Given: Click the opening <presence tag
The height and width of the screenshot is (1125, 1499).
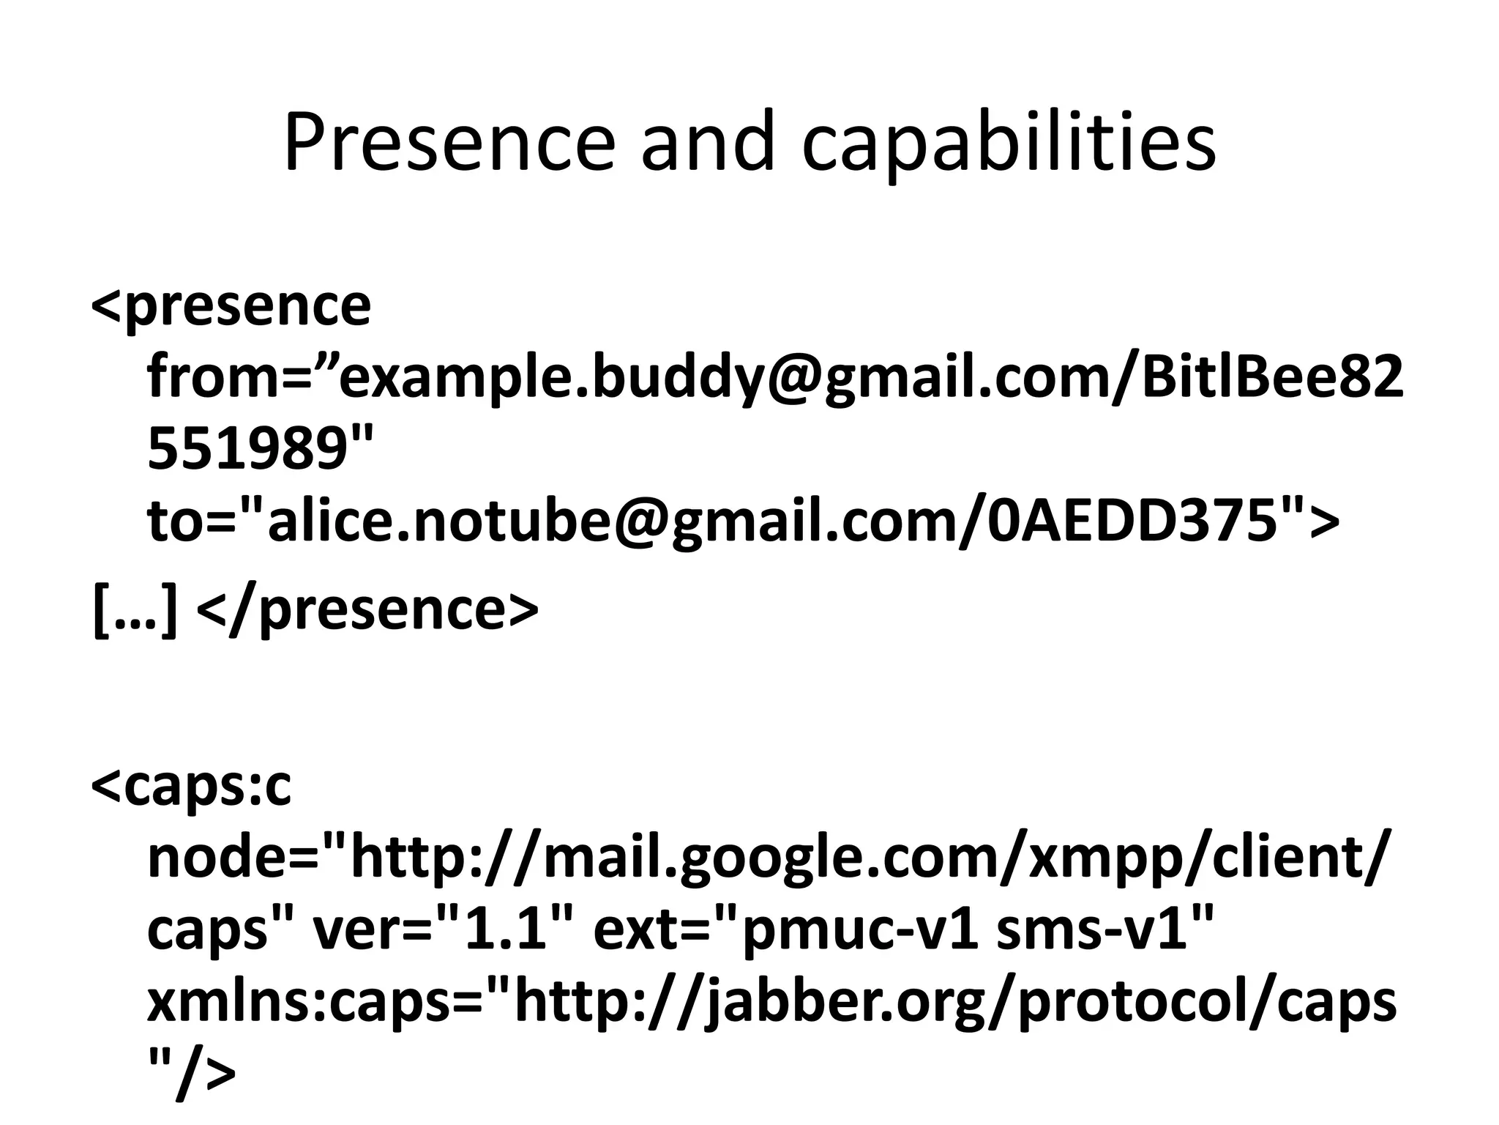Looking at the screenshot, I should [231, 305].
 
